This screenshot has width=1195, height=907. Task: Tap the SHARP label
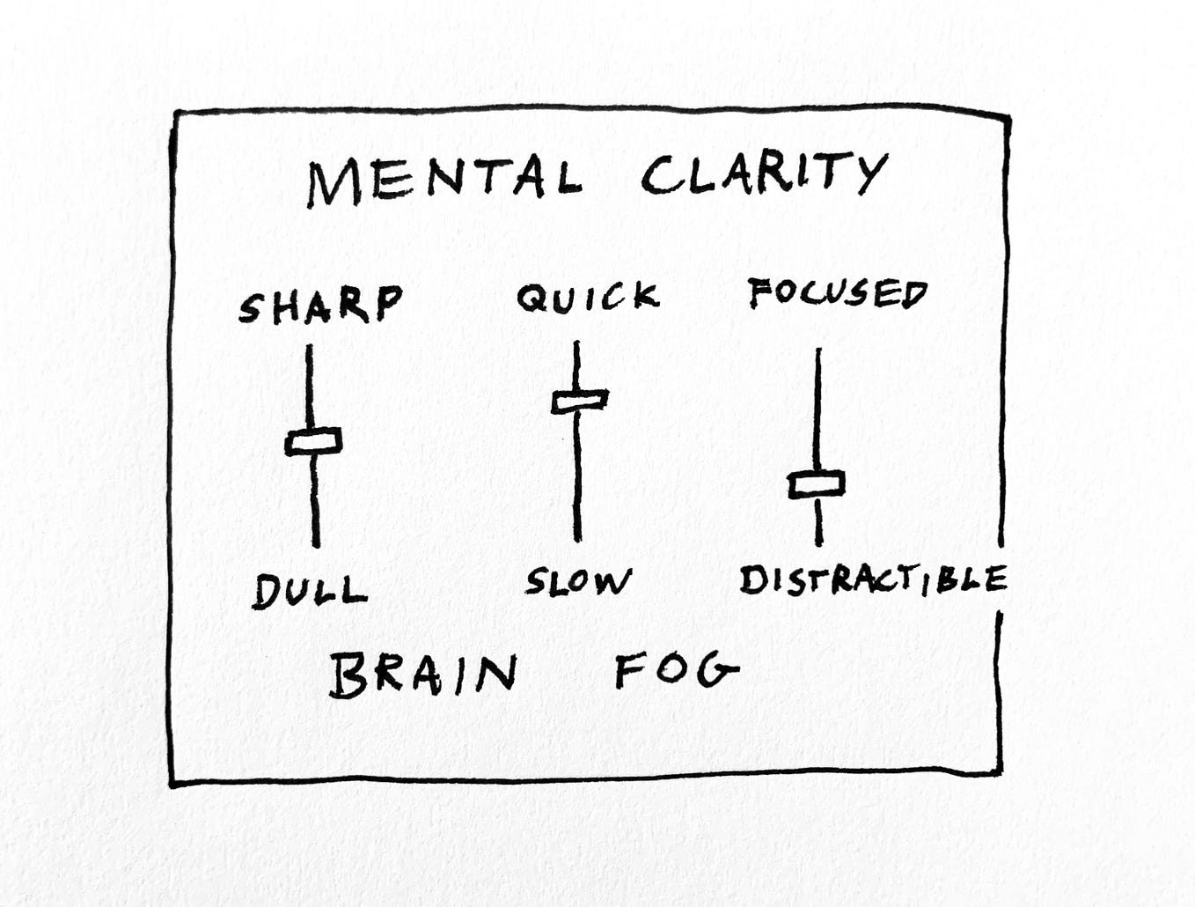tap(320, 305)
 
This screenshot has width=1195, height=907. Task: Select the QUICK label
tap(588, 298)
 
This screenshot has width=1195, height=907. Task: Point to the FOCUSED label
tap(837, 294)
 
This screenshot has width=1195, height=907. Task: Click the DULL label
tap(310, 591)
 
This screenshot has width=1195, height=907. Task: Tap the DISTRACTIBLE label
tap(873, 580)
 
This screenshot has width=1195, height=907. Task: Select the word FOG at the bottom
tap(676, 673)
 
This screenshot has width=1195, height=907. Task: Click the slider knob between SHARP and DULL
tap(313, 441)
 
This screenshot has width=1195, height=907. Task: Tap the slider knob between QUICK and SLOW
tap(580, 401)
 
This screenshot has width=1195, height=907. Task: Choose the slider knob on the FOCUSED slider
tap(817, 483)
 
